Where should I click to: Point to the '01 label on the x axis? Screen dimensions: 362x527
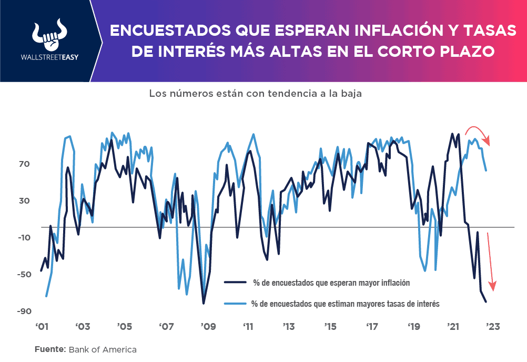click(42, 326)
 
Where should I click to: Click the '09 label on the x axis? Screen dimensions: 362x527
click(207, 326)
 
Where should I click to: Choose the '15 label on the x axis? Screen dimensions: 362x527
click(330, 326)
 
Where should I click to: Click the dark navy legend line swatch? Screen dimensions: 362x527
click(235, 282)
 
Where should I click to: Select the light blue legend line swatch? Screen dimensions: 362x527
click(235, 304)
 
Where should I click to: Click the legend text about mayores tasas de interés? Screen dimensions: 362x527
click(345, 304)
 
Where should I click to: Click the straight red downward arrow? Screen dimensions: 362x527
click(491, 260)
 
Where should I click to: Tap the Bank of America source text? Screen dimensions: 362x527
click(103, 349)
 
